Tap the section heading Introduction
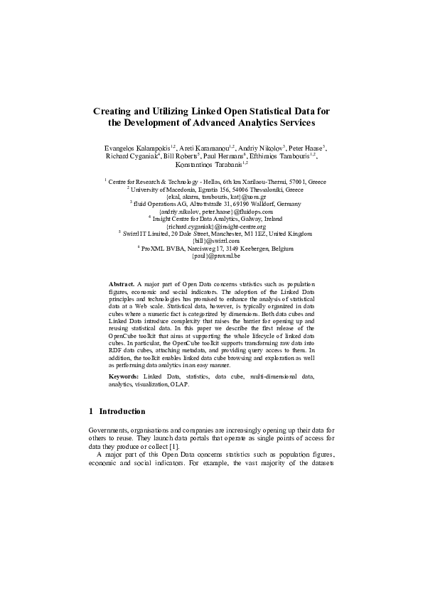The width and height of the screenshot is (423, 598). pyautogui.click(x=122, y=411)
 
